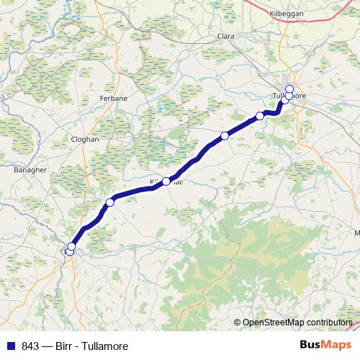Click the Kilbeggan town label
(x=287, y=14)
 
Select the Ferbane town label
(x=114, y=97)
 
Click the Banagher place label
(x=30, y=170)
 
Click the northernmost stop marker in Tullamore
(x=289, y=89)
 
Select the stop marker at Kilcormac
(x=166, y=181)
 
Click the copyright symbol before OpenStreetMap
(x=237, y=323)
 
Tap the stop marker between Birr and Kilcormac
(x=110, y=202)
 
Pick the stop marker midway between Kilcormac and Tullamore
(x=225, y=135)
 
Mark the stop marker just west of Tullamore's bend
(x=260, y=116)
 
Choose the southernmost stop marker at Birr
(x=70, y=251)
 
